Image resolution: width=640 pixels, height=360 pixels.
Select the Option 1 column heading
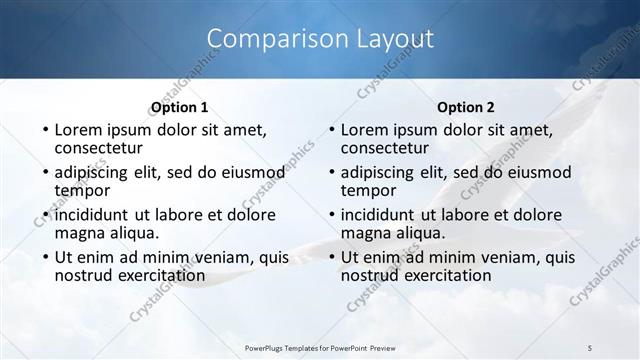tap(179, 108)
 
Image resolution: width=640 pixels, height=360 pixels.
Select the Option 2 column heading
tap(466, 108)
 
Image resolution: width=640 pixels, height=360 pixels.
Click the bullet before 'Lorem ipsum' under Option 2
tap(331, 131)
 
